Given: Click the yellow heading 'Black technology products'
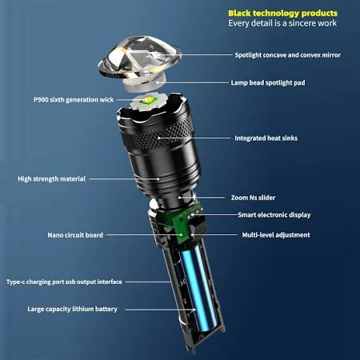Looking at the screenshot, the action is tap(282, 14).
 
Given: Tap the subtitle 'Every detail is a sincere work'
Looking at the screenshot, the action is tap(282, 23).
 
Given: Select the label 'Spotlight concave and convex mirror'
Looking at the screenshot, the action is tap(287, 55).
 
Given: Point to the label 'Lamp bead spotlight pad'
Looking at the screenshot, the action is tap(268, 82).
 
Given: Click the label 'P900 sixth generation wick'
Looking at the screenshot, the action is tap(74, 100).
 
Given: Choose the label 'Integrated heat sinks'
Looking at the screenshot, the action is tap(266, 138).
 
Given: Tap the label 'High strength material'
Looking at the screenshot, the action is tap(51, 179).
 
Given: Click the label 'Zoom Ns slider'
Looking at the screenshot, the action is tap(253, 198).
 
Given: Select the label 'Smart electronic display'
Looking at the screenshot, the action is tap(274, 215).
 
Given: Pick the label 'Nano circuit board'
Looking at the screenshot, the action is tap(75, 235).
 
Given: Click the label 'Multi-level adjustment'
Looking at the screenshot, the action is tap(276, 235).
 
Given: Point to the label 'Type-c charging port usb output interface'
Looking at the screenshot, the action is tap(64, 282).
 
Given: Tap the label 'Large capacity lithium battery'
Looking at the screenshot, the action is tap(72, 309).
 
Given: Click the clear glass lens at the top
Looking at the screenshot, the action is tap(139, 58).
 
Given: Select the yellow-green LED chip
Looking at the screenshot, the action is tap(148, 101).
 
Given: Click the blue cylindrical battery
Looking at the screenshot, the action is tap(198, 288).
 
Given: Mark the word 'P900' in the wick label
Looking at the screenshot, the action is tap(41, 100).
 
